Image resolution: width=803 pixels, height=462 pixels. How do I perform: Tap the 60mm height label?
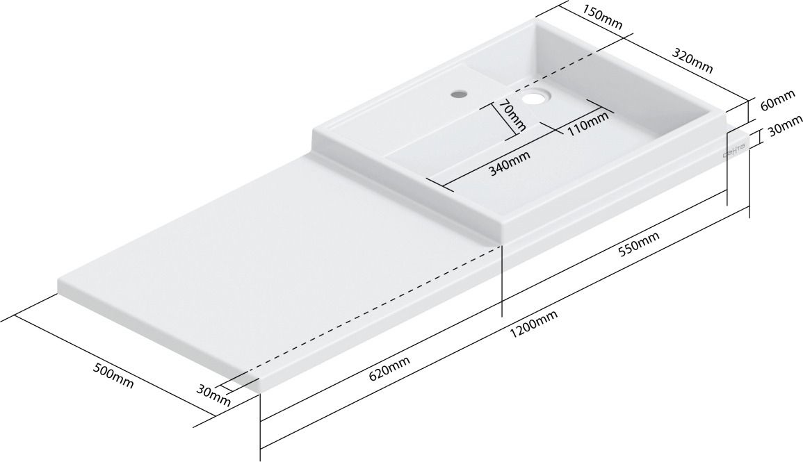778,104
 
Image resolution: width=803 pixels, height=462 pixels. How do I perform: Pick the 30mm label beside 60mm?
782,130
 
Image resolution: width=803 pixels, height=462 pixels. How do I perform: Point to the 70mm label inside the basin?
512,117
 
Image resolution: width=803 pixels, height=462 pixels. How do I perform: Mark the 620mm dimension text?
389,369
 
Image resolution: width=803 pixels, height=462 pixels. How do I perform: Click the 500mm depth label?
113,376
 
